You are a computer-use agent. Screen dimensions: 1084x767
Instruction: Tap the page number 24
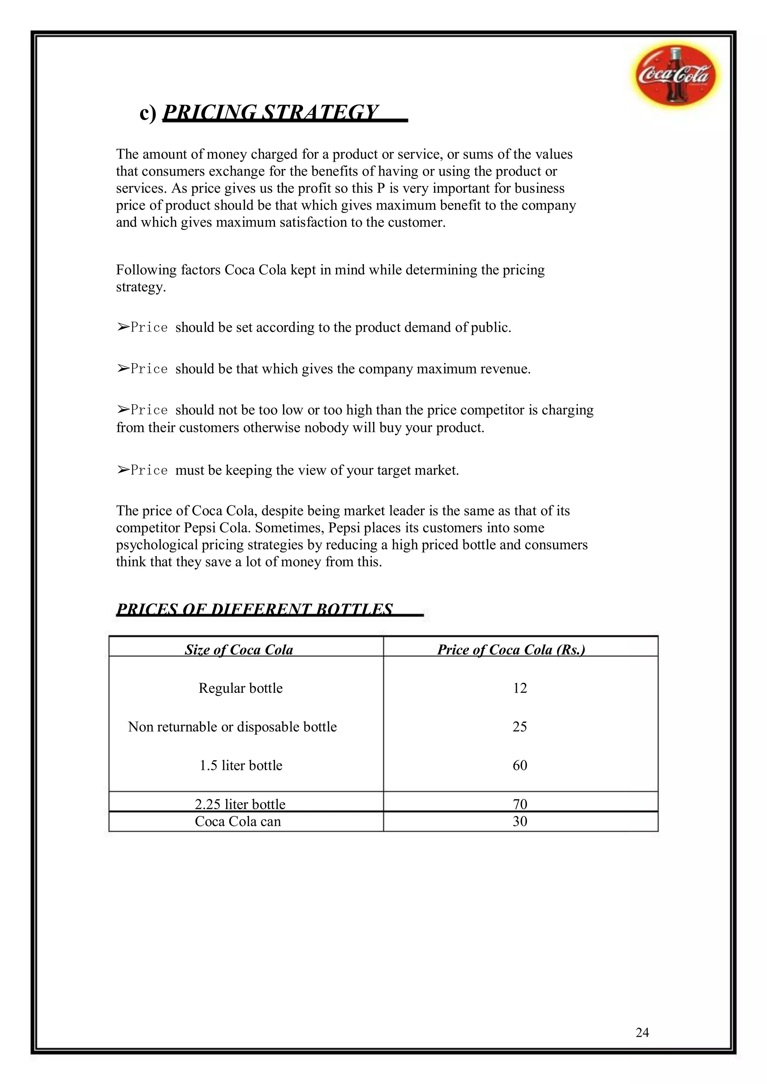pyautogui.click(x=642, y=1033)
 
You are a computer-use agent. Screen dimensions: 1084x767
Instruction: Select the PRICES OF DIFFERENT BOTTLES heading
pyautogui.click(x=255, y=609)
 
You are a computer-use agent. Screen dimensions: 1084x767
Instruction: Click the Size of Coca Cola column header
pyautogui.click(x=239, y=650)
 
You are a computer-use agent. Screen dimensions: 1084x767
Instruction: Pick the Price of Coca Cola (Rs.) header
pyautogui.click(x=511, y=650)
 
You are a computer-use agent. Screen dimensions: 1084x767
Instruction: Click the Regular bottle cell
pyautogui.click(x=240, y=688)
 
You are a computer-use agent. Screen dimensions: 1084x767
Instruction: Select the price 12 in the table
pyautogui.click(x=519, y=688)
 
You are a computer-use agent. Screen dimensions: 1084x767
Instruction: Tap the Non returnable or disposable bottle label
pyautogui.click(x=232, y=727)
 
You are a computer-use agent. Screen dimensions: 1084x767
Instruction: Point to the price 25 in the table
pyautogui.click(x=519, y=727)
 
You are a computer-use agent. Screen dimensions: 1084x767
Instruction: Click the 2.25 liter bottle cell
pyautogui.click(x=240, y=804)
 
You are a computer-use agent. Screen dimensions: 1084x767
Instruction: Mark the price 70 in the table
pyautogui.click(x=519, y=804)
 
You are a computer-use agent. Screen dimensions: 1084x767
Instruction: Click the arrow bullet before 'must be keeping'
pyautogui.click(x=123, y=470)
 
